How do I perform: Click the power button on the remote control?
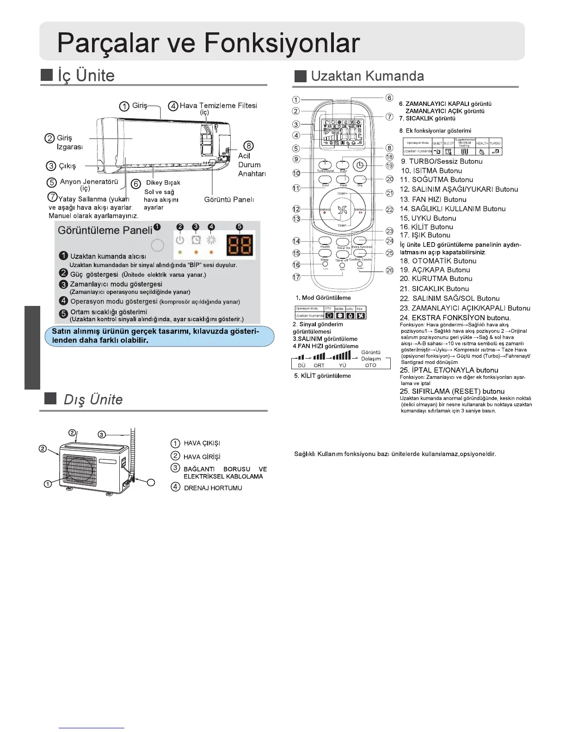(360, 165)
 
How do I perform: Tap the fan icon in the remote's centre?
(342, 210)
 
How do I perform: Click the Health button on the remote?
(325, 240)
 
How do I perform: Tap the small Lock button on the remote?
(325, 264)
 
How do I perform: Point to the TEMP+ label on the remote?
(342, 194)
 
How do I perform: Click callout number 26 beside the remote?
(390, 270)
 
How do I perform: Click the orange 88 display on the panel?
(240, 244)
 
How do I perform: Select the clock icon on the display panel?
(196, 240)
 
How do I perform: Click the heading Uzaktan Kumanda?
(367, 76)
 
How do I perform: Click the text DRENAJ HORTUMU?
(213, 488)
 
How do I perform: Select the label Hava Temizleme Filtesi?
(218, 105)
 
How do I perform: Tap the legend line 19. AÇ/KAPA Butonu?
(435, 270)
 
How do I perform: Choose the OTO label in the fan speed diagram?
(370, 365)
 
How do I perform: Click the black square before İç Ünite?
(47, 75)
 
